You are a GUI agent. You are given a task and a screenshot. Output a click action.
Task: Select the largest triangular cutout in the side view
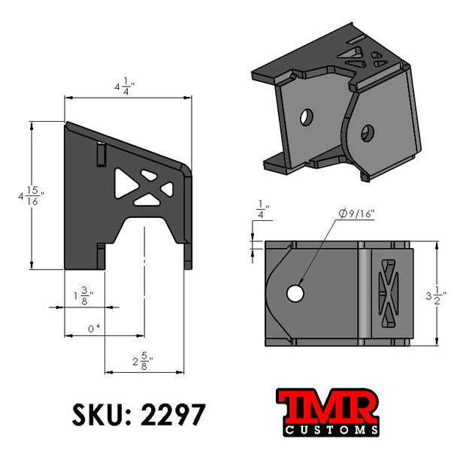coord(122,181)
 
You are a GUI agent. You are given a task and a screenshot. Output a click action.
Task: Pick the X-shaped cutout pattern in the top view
coord(389,294)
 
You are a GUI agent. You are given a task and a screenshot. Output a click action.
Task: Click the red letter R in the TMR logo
coord(359,407)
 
